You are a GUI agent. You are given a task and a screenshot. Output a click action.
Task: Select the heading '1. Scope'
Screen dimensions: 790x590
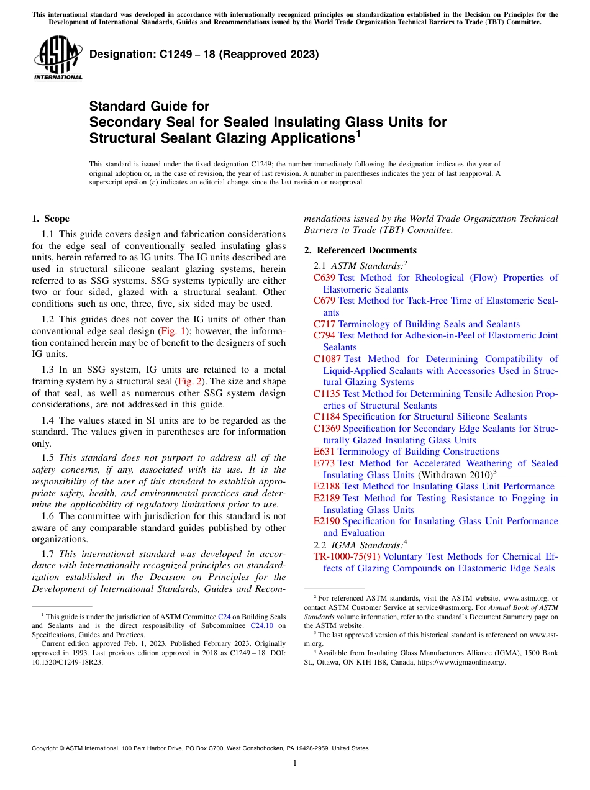click(x=50, y=219)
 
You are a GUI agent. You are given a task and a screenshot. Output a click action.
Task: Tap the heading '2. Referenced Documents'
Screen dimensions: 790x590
click(x=360, y=250)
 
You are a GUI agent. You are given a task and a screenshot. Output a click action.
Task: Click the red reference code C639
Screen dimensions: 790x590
click(x=324, y=278)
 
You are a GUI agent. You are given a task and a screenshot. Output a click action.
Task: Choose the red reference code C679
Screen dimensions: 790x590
click(x=324, y=301)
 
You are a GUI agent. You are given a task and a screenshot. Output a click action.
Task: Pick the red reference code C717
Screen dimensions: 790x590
click(x=324, y=324)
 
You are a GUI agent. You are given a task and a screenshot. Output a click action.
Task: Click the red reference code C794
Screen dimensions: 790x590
click(x=324, y=335)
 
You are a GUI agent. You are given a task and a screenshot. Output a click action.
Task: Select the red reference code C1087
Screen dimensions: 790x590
click(x=327, y=359)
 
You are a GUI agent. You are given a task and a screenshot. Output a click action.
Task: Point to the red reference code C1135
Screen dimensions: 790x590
click(x=327, y=394)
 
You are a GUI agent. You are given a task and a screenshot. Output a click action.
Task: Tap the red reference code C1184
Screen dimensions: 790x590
click(x=327, y=417)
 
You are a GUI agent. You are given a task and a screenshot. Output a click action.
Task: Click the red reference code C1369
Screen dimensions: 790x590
click(x=327, y=429)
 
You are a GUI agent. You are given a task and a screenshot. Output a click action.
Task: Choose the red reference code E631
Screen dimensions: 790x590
click(x=324, y=452)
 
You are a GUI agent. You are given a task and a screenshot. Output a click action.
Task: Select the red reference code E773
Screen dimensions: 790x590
click(x=324, y=463)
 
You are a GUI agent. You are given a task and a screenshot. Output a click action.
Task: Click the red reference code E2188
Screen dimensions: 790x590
click(x=327, y=486)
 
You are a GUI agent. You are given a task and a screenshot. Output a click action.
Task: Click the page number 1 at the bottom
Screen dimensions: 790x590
click(x=295, y=763)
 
